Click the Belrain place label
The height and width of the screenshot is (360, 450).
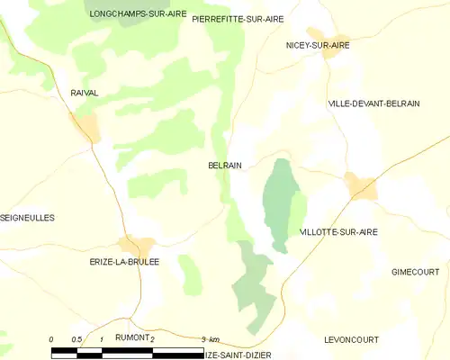point(224,166)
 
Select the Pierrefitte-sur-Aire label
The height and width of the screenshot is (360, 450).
point(238,18)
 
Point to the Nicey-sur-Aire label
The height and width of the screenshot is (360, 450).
point(318,44)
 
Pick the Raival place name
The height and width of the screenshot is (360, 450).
point(83,93)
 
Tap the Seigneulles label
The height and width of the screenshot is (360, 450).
point(28,218)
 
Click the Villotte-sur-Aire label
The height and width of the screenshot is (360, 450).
point(338,232)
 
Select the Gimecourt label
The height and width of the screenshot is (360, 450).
point(415,272)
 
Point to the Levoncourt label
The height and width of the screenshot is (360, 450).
point(351,339)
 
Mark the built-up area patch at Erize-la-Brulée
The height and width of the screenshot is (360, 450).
point(138,244)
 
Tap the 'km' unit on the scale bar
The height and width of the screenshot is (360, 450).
point(214,339)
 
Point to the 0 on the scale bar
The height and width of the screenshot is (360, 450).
point(52,339)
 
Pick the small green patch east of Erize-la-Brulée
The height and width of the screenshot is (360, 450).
point(189,274)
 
